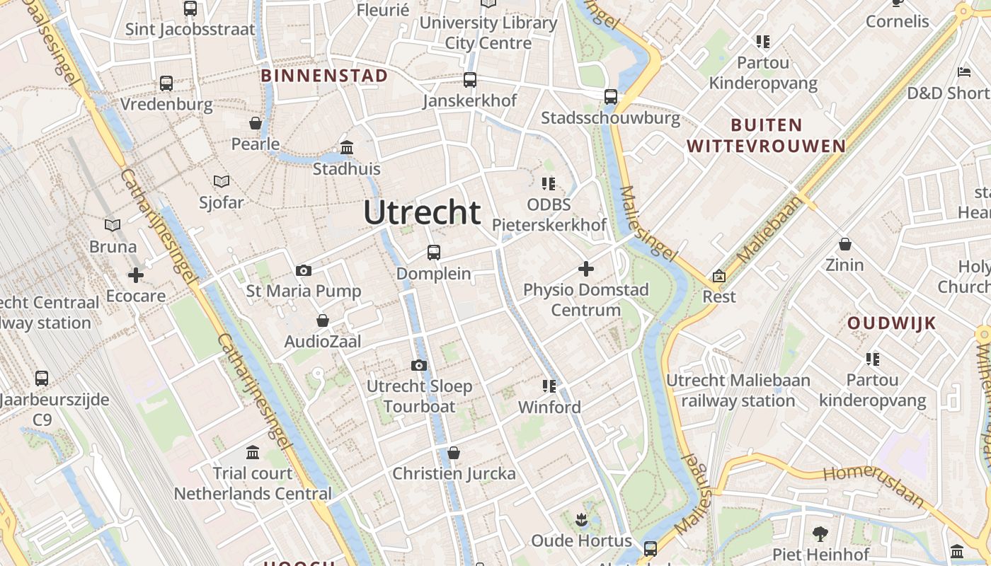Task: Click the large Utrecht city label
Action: pos(423,212)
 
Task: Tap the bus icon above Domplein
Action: pos(433,252)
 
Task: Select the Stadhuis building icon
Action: pos(347,148)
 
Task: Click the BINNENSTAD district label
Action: pos(324,76)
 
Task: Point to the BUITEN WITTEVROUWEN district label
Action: pos(767,136)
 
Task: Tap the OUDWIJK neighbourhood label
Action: pos(892,323)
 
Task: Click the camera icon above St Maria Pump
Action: pos(304,270)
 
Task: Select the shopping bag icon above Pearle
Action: pos(256,123)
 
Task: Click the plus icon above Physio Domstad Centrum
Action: pos(585,269)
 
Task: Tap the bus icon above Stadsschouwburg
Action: pos(610,96)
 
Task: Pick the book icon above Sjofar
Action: pos(222,181)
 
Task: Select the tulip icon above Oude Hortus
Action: pos(581,520)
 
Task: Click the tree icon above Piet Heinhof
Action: pos(820,533)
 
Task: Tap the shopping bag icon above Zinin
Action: pos(844,244)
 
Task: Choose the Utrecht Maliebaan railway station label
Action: pos(738,391)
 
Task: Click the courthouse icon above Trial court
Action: pos(253,452)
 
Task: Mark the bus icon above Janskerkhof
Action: pos(470,80)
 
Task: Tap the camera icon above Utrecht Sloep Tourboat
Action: pos(419,365)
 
